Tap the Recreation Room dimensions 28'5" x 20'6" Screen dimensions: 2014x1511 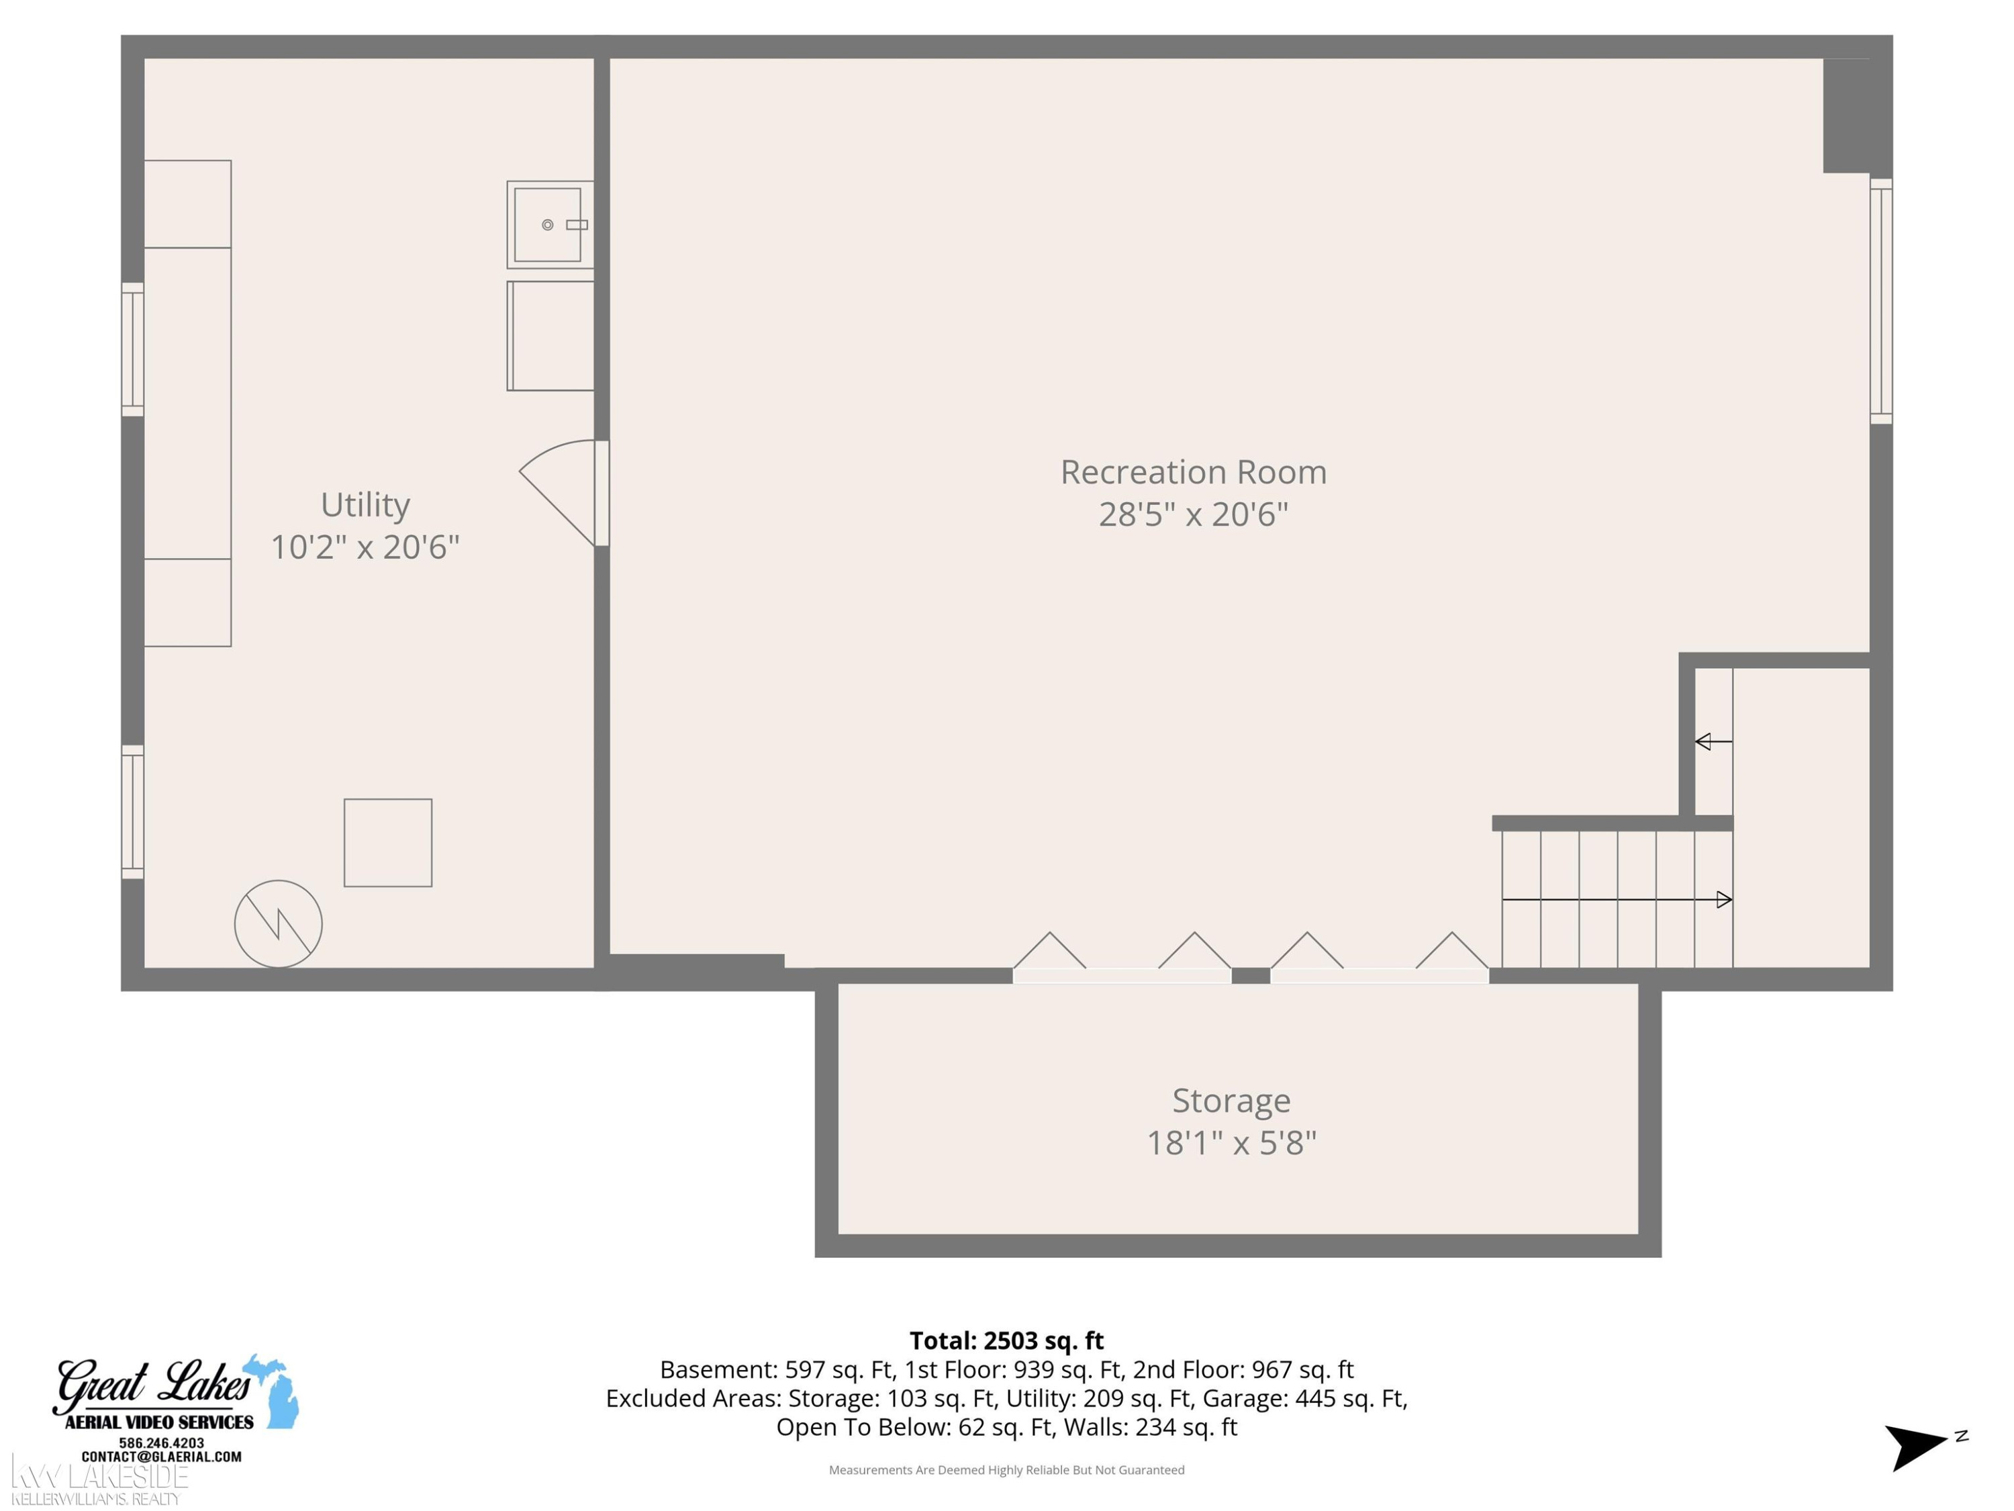(1194, 514)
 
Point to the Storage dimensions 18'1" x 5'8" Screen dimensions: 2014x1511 (1231, 1143)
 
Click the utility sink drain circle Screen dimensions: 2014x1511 (547, 225)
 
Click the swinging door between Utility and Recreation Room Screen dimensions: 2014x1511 (563, 493)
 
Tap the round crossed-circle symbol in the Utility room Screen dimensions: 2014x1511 (279, 923)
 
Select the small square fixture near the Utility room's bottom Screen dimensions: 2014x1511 (388, 843)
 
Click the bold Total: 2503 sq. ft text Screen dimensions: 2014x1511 (1006, 1340)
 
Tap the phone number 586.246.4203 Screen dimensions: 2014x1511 (162, 1443)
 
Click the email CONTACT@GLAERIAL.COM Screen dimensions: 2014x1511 (162, 1457)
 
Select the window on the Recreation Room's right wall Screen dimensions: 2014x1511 (1881, 302)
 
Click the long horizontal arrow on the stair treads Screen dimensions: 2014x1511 (1616, 900)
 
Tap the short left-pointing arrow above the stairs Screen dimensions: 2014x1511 (1713, 741)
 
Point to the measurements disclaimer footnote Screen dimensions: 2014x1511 (1006, 1469)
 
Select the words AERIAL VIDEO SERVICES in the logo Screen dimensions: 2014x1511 (159, 1422)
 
